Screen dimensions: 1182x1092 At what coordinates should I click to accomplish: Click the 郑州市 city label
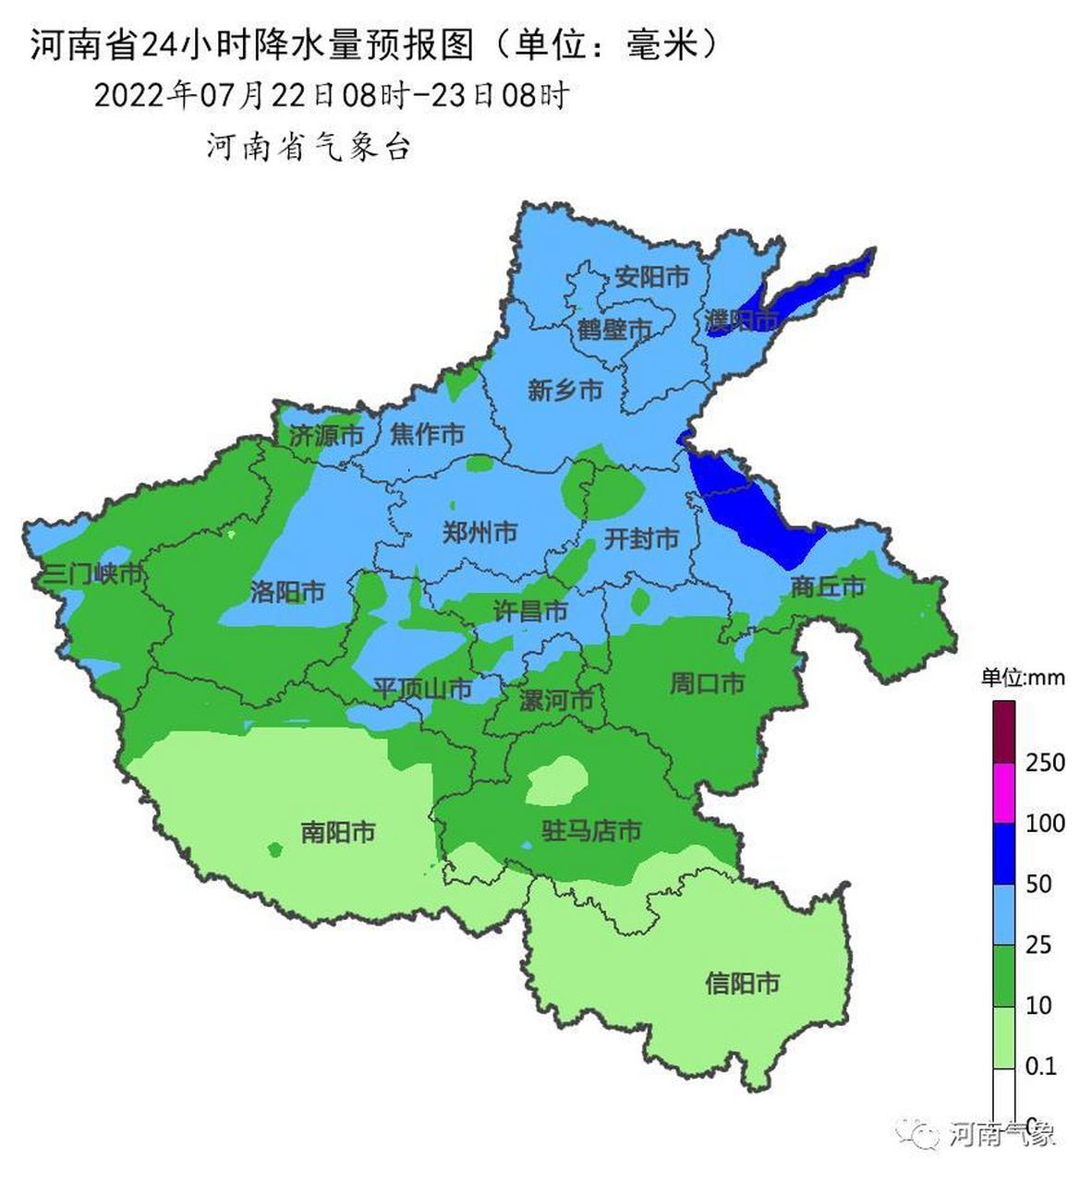tap(479, 532)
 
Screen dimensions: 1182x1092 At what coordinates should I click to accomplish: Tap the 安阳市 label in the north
tap(651, 276)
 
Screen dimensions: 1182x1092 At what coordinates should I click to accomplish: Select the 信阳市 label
tap(742, 983)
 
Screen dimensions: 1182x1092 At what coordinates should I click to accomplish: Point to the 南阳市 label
tap(338, 832)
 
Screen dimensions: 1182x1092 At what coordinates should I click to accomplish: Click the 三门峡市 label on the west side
tap(88, 574)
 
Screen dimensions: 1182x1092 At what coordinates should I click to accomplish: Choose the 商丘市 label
tap(827, 586)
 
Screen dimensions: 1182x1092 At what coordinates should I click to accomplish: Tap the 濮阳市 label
tap(741, 320)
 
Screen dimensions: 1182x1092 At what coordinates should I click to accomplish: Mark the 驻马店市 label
tap(591, 831)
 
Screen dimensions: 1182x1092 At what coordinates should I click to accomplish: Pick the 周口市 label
tap(707, 683)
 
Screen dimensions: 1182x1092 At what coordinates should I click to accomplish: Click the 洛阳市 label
tap(287, 591)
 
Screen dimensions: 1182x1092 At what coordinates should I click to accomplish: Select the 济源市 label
tap(326, 436)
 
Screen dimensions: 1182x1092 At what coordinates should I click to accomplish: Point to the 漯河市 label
tap(555, 700)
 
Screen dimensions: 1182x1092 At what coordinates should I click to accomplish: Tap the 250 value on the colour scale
tap(1045, 763)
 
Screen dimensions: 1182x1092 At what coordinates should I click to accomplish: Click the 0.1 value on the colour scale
tap(1040, 1066)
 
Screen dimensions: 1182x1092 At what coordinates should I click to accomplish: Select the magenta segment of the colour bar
tap(1004, 792)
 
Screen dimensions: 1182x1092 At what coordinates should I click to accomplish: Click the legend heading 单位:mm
tap(1023, 678)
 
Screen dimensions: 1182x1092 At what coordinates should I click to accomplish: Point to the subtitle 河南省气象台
tap(308, 147)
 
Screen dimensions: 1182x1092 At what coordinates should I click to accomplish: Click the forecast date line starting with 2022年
tap(331, 95)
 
